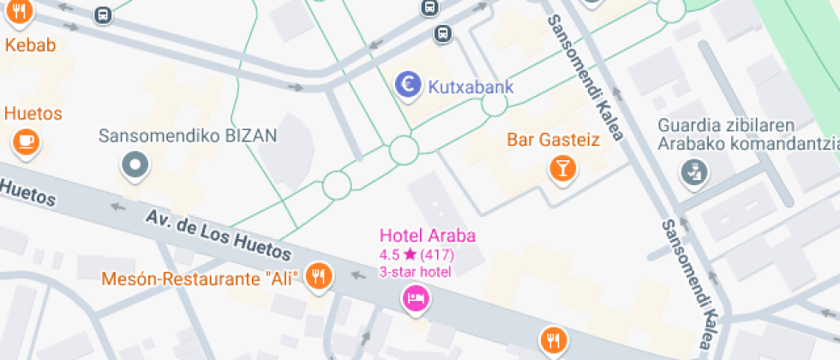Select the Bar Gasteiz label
pyautogui.click(x=553, y=140)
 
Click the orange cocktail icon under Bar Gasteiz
pyautogui.click(x=561, y=167)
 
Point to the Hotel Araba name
pyautogui.click(x=428, y=236)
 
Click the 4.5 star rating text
pyautogui.click(x=417, y=255)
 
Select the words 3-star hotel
pyautogui.click(x=416, y=272)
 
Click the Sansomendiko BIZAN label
pyautogui.click(x=188, y=136)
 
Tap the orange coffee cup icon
pyautogui.click(x=25, y=140)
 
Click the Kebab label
pyautogui.click(x=30, y=45)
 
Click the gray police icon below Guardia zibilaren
pyautogui.click(x=694, y=172)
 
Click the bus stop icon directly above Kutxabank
pyautogui.click(x=442, y=33)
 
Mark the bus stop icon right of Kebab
pyautogui.click(x=103, y=15)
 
